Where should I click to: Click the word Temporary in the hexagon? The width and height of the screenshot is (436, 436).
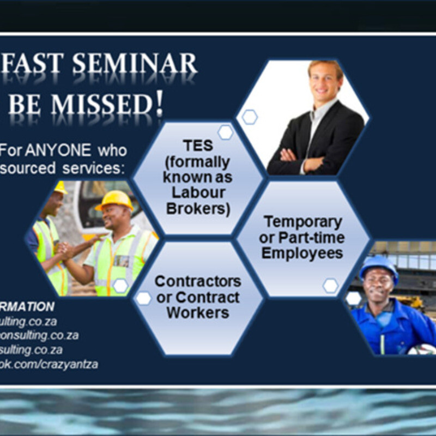302,222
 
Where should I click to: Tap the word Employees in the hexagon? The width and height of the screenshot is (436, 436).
302,253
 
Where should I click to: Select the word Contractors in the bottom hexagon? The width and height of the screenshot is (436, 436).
197,282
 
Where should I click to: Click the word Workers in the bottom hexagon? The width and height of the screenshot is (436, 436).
197,313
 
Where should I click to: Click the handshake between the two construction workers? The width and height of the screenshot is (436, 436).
65,250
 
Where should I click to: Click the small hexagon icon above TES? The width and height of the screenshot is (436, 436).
225,132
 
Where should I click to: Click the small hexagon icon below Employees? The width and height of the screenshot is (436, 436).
330,285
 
